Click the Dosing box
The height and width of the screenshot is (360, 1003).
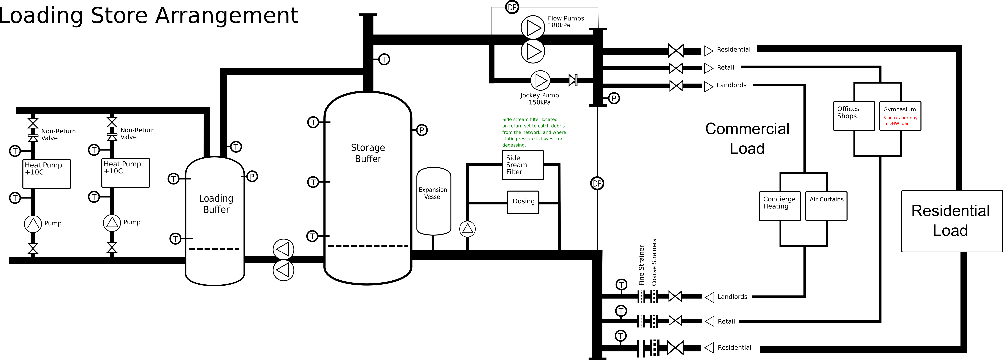click(523, 202)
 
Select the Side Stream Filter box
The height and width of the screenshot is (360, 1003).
click(523, 165)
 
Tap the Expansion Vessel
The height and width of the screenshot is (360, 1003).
click(434, 201)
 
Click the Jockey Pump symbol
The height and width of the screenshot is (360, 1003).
click(541, 80)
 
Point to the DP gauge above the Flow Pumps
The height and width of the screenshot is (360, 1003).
click(512, 7)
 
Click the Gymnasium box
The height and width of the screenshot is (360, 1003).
click(900, 116)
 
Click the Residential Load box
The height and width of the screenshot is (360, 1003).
click(952, 221)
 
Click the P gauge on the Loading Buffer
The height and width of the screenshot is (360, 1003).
click(252, 176)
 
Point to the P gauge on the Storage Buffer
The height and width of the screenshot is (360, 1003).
click(422, 130)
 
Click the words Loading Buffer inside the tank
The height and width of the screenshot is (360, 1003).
click(216, 204)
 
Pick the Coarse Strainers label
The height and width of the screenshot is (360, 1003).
click(654, 262)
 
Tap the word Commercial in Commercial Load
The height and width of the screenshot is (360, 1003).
click(747, 129)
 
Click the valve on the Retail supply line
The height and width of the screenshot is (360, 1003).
click(676, 68)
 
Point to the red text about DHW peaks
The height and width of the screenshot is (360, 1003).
click(900, 121)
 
